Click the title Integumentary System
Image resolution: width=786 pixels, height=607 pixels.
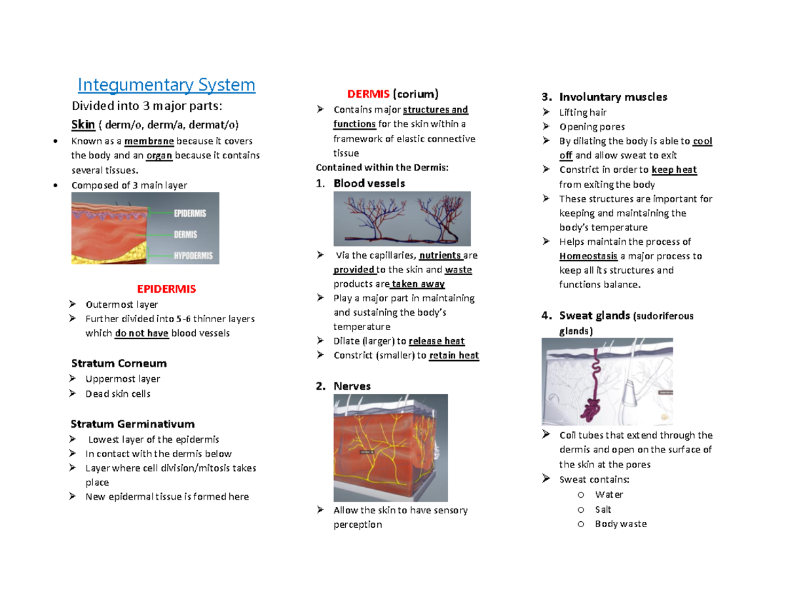tap(166, 85)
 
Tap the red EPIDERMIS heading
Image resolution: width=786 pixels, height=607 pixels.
tap(166, 288)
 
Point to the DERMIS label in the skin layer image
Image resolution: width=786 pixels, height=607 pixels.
tap(187, 234)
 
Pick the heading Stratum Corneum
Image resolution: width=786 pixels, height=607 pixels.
tap(119, 363)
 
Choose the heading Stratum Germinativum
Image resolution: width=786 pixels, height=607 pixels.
tap(132, 424)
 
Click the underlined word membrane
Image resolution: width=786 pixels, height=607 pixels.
tap(149, 141)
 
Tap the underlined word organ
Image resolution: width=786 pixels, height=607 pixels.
tap(160, 156)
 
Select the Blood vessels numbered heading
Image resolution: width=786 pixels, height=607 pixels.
tap(369, 183)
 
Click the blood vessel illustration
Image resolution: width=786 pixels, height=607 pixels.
tap(402, 218)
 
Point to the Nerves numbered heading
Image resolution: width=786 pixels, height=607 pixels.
tap(352, 386)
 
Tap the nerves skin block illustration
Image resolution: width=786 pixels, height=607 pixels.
tap(381, 447)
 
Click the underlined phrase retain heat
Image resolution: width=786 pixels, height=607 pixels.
tap(454, 356)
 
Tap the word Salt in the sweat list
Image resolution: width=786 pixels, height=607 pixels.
tap(603, 509)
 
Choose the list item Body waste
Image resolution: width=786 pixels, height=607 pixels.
tap(621, 524)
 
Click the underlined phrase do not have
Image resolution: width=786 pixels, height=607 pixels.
tap(142, 333)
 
